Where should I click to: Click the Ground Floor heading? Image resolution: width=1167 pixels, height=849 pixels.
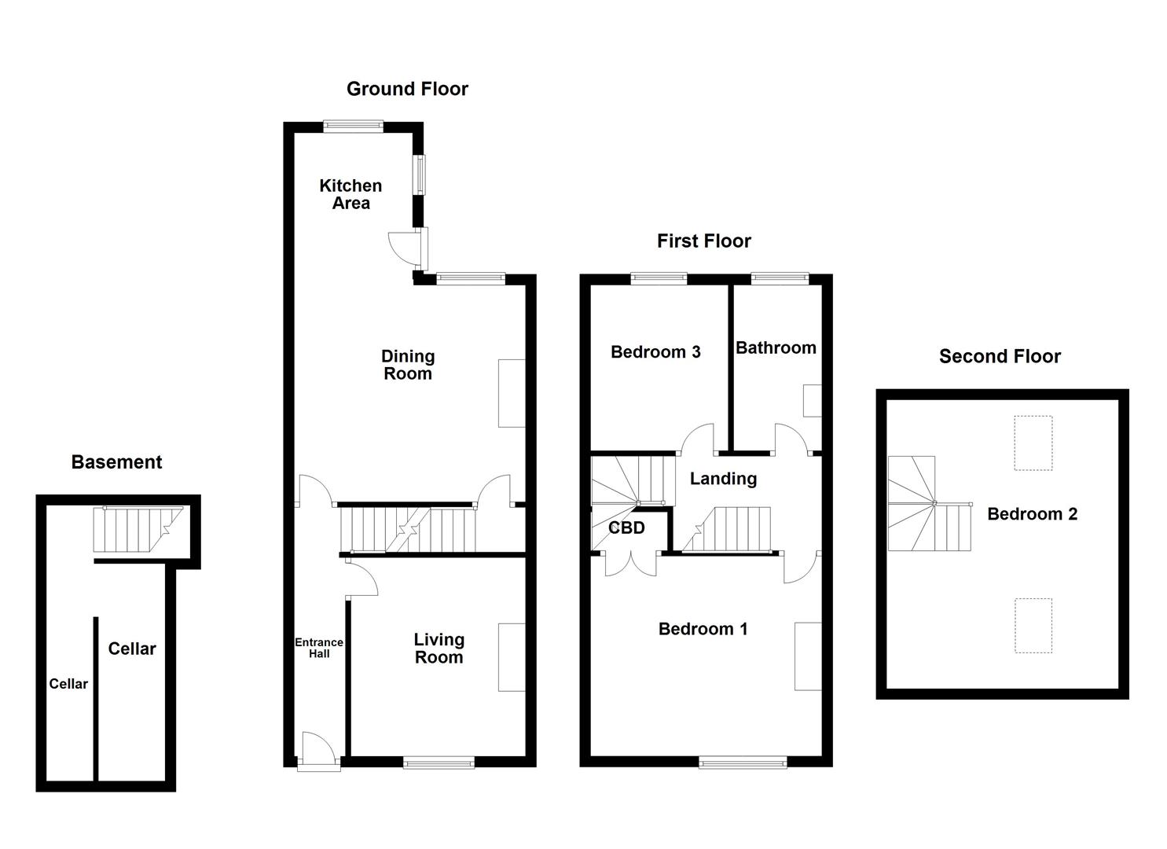coord(407,89)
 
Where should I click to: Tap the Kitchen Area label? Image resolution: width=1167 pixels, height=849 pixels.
coord(350,194)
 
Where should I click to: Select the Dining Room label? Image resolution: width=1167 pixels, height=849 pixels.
coord(408,365)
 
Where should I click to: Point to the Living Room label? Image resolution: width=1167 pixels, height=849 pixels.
coord(439,649)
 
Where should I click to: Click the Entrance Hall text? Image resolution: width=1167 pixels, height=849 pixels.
coord(319,648)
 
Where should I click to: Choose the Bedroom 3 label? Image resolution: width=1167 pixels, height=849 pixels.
coord(655,351)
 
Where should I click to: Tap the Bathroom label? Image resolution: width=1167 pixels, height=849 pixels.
coord(776,347)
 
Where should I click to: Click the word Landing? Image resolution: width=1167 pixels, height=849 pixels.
coord(723,479)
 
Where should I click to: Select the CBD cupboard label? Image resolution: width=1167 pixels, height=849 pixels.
coord(626,527)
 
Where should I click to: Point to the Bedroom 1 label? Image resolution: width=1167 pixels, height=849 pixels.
coord(703,629)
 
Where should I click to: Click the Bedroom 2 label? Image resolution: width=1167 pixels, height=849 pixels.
coord(1032,514)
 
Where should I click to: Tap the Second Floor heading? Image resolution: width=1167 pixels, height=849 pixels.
coord(1000,356)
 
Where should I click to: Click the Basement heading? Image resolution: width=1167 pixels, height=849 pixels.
coord(116,462)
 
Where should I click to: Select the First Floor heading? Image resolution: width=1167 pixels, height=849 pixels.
coord(703,241)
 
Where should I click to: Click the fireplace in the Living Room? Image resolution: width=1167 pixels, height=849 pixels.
coord(512,657)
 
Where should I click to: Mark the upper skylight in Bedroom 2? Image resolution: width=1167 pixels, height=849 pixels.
coord(1033,443)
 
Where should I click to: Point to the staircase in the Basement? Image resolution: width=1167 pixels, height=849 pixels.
coord(138,529)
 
